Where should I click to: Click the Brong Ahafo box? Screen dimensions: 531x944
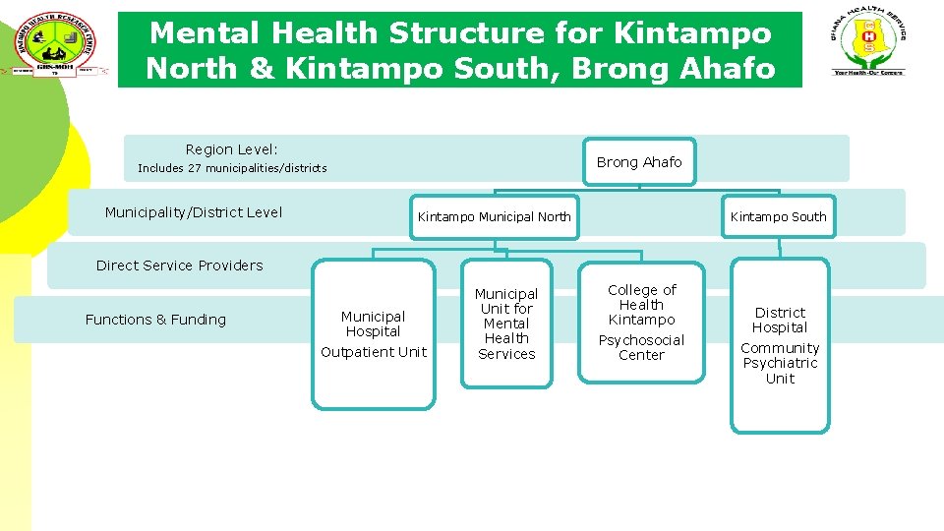[638, 162]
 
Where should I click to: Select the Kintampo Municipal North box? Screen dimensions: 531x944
[494, 216]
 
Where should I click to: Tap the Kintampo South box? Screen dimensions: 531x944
[778, 216]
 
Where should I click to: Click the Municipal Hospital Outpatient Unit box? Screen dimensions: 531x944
[373, 334]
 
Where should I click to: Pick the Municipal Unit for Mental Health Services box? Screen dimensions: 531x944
[506, 324]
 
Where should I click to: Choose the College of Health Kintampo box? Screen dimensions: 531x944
[641, 322]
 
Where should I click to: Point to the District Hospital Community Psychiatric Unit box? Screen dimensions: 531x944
[780, 345]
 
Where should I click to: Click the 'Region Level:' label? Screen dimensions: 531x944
[232, 149]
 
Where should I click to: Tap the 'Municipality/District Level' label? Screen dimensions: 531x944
[193, 212]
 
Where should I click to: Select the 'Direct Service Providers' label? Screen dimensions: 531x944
[180, 265]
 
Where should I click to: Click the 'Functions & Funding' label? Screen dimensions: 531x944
[155, 320]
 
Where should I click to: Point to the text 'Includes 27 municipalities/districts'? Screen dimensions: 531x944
[232, 168]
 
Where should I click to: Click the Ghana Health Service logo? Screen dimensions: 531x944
[868, 44]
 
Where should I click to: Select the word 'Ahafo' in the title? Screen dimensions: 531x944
[727, 69]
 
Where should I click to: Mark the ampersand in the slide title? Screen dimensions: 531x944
[258, 69]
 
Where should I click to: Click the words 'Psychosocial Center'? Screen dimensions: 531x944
[641, 348]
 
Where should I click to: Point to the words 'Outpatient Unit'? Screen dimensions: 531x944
[374, 352]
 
